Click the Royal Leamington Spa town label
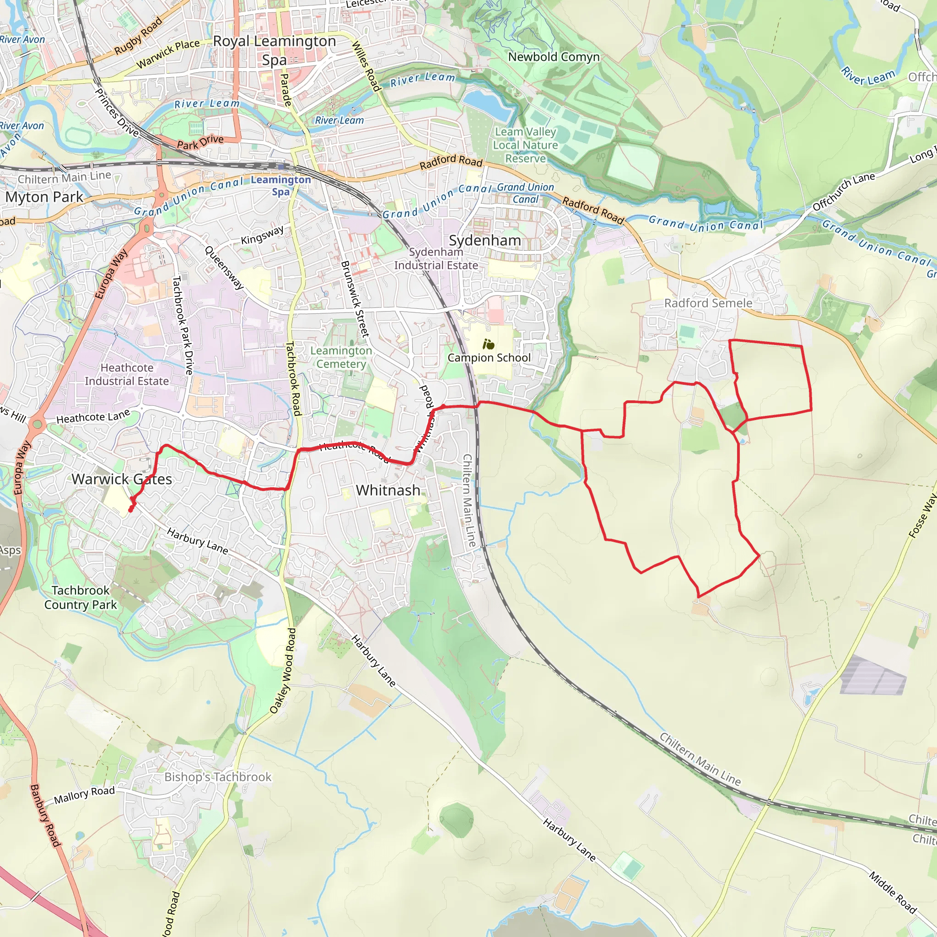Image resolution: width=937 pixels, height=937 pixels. coord(275,50)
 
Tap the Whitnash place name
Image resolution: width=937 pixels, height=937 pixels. coord(388,490)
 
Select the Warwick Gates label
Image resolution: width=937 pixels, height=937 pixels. coord(122,479)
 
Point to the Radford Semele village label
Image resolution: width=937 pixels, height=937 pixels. coord(708,303)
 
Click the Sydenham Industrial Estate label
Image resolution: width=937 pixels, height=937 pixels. coord(436,258)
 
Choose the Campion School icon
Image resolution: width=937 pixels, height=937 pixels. coord(488,345)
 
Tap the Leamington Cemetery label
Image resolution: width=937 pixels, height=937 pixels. coord(341,357)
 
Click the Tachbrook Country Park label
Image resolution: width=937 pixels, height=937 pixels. coord(81,598)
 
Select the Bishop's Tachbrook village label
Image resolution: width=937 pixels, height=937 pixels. coord(218,777)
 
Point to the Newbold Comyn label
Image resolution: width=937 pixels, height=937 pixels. coord(554,57)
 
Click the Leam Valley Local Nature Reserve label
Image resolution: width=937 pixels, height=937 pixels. coord(525,145)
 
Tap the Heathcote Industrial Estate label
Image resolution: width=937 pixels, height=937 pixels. coord(127,374)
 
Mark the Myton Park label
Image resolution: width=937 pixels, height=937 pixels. coord(45,197)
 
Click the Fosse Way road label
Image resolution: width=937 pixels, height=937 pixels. coord(922,516)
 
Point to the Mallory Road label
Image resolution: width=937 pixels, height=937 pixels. coord(84,795)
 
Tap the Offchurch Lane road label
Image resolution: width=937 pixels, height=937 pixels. coord(843,192)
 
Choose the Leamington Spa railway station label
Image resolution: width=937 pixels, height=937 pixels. coord(281,186)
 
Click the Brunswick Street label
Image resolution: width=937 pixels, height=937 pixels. coord(355,299)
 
